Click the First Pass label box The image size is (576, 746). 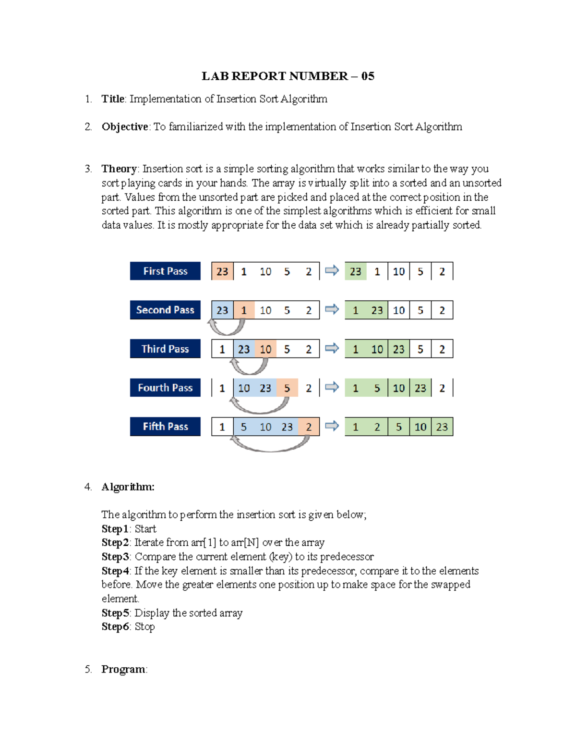coord(165,271)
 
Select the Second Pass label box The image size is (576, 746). coord(165,310)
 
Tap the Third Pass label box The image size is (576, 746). coord(165,349)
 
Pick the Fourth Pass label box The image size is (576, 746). coord(165,388)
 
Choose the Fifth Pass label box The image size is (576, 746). coord(165,427)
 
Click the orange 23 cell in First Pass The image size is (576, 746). coord(222,271)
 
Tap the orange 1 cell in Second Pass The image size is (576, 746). coord(244,310)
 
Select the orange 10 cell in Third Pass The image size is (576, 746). coord(265,349)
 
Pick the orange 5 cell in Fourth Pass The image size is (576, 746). coord(287,388)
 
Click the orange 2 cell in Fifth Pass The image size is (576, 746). coord(309,427)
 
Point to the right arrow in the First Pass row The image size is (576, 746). coord(332,270)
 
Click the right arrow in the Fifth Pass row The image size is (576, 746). coord(332,426)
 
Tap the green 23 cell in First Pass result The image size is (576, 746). coord(355,271)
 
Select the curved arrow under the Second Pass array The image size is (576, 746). coord(227,328)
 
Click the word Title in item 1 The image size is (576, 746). coord(113,99)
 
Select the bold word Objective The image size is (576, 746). coord(125,127)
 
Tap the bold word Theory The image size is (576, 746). coord(119,169)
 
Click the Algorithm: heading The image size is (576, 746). coord(128,487)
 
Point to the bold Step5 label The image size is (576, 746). coord(115,613)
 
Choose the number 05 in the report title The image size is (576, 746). coord(368,76)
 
